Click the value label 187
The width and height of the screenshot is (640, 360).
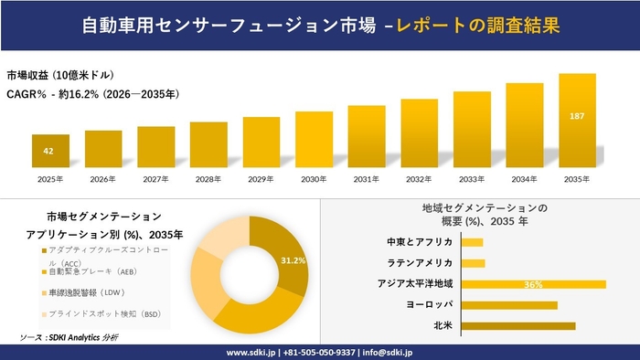click(x=577, y=117)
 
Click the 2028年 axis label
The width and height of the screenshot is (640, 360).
click(x=208, y=179)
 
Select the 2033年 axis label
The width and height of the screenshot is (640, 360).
click(x=472, y=179)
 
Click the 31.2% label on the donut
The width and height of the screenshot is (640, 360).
click(x=293, y=261)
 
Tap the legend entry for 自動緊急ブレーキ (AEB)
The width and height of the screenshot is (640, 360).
click(x=87, y=272)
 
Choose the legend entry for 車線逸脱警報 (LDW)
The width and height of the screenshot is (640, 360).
click(x=85, y=292)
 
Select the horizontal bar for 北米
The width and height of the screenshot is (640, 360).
click(x=518, y=325)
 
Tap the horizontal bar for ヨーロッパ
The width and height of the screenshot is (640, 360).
click(x=509, y=304)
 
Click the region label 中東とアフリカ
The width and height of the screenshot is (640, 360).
click(x=421, y=242)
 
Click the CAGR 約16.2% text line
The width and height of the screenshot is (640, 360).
click(x=92, y=93)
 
